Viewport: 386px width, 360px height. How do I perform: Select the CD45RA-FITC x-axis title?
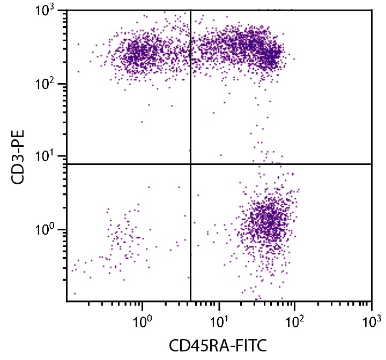219,346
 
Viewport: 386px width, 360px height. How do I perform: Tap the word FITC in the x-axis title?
252,346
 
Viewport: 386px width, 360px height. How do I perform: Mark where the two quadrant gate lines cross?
190,164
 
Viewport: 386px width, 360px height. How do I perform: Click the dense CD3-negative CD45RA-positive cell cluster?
268,220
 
